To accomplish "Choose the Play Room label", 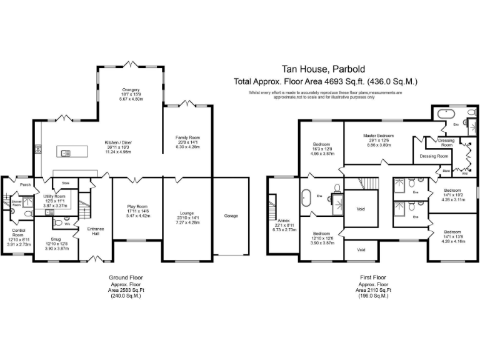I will coord(137,207).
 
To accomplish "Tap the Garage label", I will coord(231,216).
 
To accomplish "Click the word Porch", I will coord(25,185).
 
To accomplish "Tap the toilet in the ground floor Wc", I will coord(57,222).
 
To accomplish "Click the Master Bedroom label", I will coord(379,136).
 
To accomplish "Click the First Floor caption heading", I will coord(373,277).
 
